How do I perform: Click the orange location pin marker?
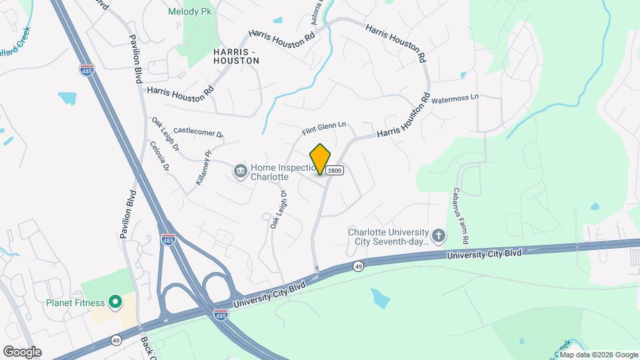[320, 159]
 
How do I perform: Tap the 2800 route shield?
[335, 171]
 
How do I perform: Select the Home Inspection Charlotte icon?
[240, 172]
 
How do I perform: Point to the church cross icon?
[438, 235]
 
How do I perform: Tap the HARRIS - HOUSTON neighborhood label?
[235, 55]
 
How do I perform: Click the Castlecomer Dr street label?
[198, 133]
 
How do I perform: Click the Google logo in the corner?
[22, 352]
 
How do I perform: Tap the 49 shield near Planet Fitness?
[117, 340]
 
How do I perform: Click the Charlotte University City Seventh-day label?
[387, 237]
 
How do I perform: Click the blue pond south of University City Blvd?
[379, 297]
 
